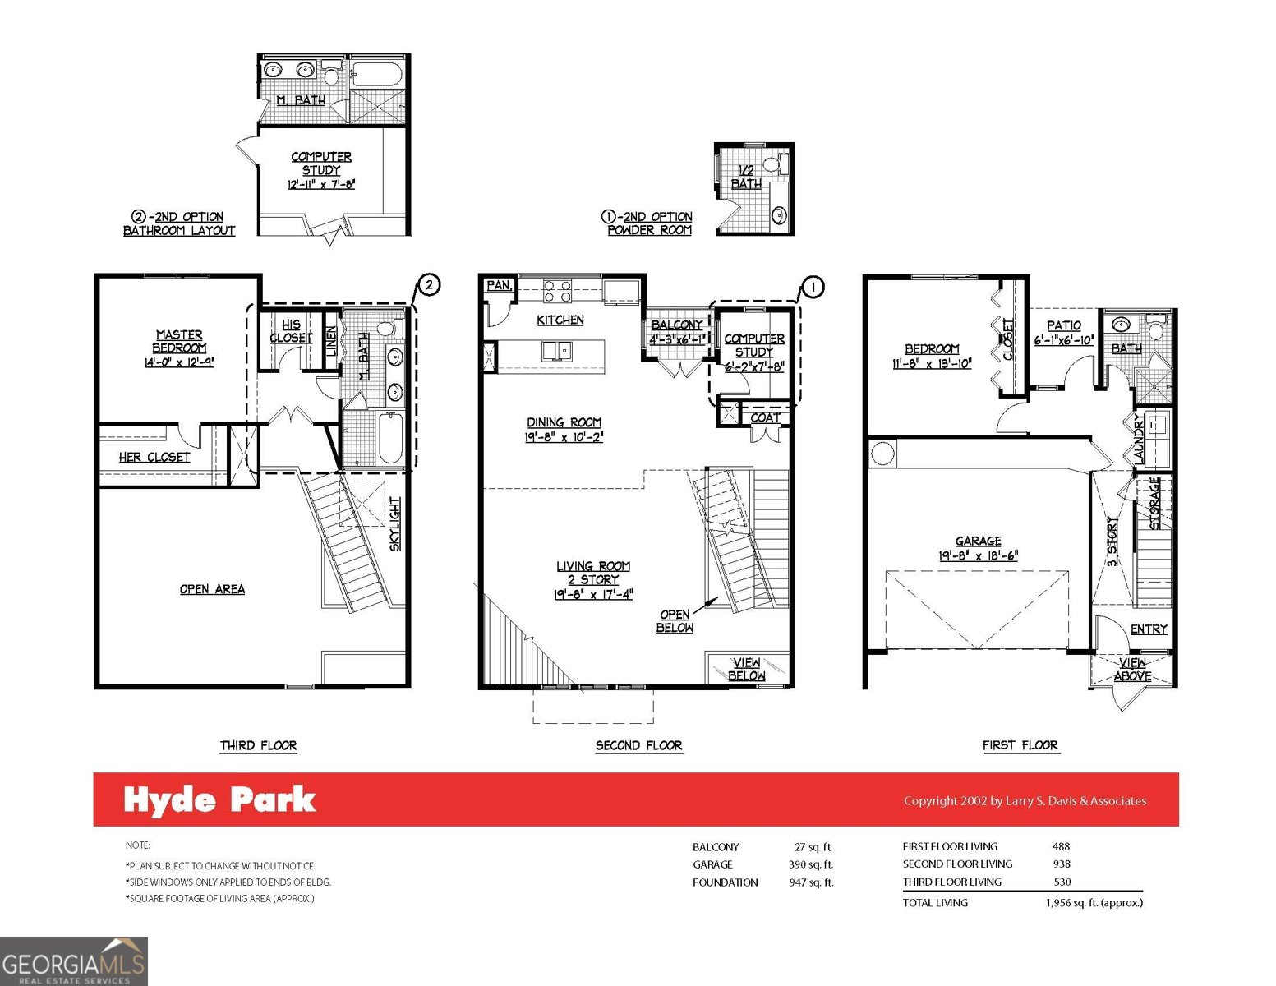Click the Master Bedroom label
coord(179,341)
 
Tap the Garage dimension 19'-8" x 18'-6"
coord(978,555)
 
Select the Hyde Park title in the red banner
coord(219,800)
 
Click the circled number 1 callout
coord(812,287)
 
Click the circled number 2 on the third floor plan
coord(429,285)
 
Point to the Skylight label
coord(395,523)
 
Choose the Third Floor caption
coord(258,745)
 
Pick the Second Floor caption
coord(638,745)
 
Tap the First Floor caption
coord(1020,745)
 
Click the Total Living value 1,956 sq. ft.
coord(1088,902)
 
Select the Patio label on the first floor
coord(1063,325)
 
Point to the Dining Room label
coord(564,422)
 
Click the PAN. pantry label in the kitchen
coord(498,285)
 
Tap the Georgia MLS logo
coord(73,961)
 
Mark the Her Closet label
coord(154,457)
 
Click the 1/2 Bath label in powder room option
coord(746,177)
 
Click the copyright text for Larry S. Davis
coord(1025,800)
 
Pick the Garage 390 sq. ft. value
coord(810,864)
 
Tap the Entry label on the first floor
coord(1148,629)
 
